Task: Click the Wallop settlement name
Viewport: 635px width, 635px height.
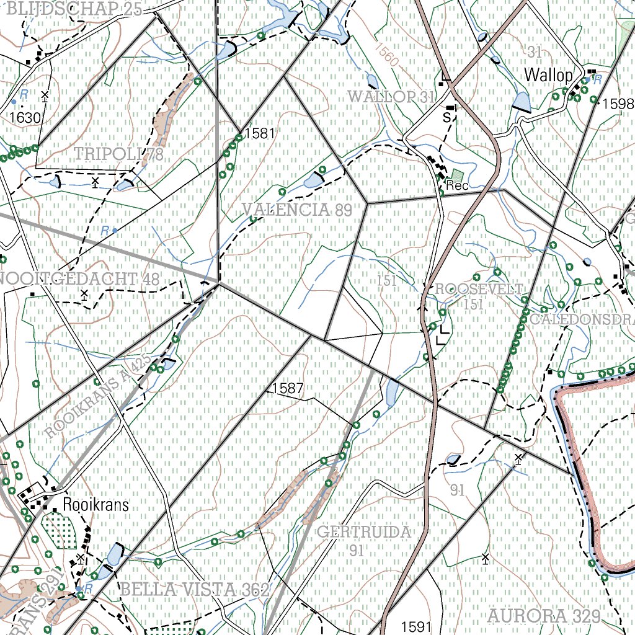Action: pyautogui.click(x=548, y=76)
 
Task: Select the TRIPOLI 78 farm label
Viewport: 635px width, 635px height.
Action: pyautogui.click(x=119, y=154)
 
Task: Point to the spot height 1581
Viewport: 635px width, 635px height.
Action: pyautogui.click(x=259, y=133)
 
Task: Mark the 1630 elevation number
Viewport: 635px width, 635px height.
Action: pyautogui.click(x=25, y=118)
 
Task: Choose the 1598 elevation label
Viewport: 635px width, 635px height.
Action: pyautogui.click(x=618, y=104)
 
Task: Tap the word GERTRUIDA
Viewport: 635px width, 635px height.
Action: pyautogui.click(x=363, y=532)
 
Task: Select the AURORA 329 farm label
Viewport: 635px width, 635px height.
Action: pyautogui.click(x=544, y=616)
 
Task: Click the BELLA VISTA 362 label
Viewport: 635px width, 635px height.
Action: pyautogui.click(x=194, y=590)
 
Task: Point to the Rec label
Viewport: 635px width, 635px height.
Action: pyautogui.click(x=457, y=186)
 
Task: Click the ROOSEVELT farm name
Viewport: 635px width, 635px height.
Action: pyautogui.click(x=479, y=289)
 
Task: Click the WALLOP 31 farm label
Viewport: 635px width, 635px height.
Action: pyautogui.click(x=391, y=97)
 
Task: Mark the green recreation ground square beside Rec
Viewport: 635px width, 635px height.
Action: pyautogui.click(x=457, y=175)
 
